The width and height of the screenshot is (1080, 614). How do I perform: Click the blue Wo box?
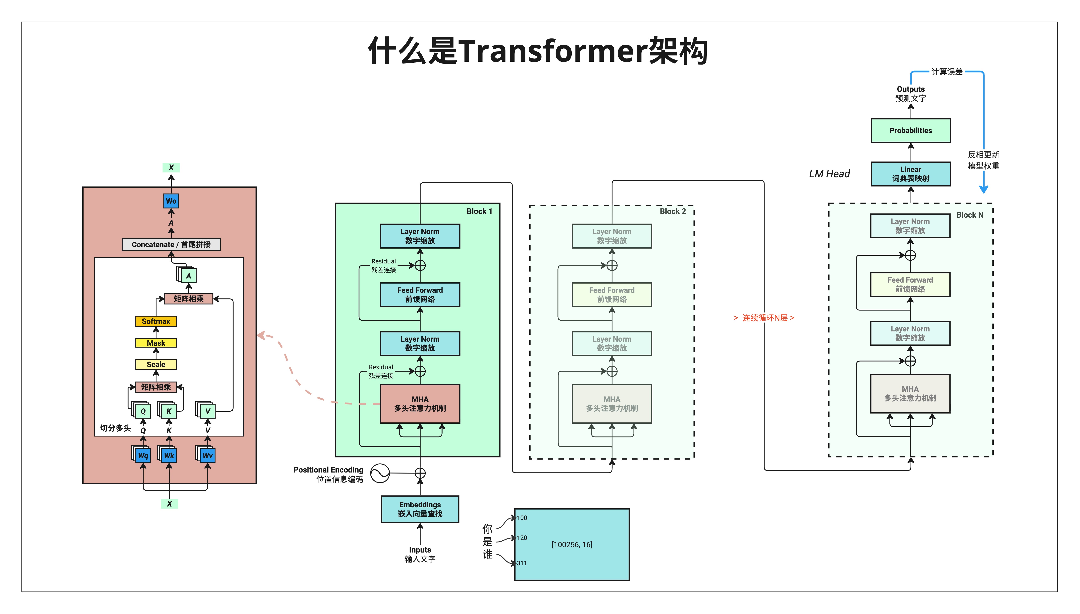171,201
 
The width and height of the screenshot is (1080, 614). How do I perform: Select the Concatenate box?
171,245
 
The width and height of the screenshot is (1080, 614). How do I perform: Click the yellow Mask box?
156,343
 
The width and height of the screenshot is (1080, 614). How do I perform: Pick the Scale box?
156,364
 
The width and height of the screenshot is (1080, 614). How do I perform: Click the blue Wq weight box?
143,455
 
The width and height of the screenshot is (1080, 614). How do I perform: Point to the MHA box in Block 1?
420,403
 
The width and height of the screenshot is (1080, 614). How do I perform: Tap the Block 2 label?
672,211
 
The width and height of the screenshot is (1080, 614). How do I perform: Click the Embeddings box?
420,509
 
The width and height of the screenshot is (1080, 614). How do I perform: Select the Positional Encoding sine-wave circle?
380,473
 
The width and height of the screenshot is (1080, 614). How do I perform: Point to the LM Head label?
829,174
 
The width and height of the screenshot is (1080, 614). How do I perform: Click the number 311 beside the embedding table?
522,563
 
